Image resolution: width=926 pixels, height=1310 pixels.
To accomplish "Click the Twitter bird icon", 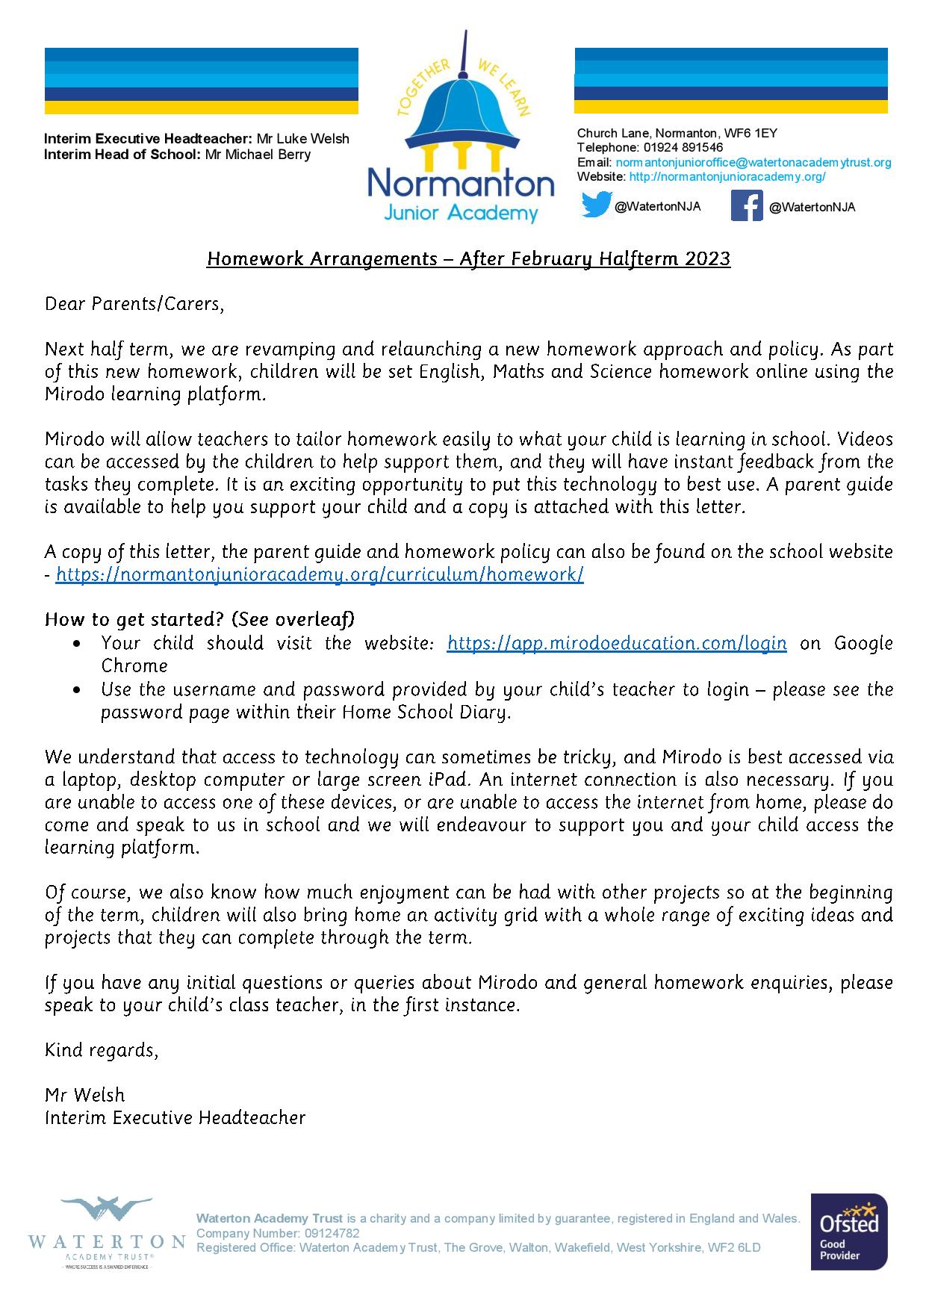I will click(597, 205).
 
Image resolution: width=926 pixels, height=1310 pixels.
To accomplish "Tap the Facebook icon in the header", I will click(746, 205).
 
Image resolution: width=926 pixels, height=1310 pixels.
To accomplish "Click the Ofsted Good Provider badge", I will click(849, 1232).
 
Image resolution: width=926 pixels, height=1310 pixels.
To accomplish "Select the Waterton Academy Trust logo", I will click(106, 1233).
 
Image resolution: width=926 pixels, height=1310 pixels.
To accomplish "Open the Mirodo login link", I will click(616, 643).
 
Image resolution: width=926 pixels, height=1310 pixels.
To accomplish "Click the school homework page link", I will click(320, 574).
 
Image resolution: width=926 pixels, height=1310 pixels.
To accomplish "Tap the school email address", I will click(753, 163).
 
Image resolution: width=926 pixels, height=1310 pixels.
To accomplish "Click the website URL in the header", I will click(727, 177).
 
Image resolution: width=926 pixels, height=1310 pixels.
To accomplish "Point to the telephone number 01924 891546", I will click(683, 148).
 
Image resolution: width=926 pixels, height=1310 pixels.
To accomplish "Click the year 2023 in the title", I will click(706, 258).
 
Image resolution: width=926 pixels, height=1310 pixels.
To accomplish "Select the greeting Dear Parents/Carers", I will click(134, 304).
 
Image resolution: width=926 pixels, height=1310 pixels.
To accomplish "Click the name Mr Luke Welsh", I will click(302, 139).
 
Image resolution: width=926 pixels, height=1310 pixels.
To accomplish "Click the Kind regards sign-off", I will click(102, 1050).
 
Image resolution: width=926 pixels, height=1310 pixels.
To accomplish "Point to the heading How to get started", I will click(200, 620).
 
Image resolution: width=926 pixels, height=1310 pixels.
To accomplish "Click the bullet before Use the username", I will click(78, 689).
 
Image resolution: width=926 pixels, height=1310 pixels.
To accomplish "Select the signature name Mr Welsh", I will click(85, 1095).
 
